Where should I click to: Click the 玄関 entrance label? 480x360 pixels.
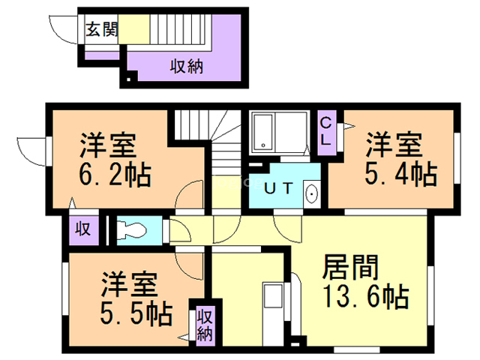[x=100, y=30]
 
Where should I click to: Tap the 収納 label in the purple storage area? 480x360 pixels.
[x=186, y=67]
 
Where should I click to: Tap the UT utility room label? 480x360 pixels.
[x=280, y=187]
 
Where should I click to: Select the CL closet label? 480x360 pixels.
[x=328, y=132]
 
